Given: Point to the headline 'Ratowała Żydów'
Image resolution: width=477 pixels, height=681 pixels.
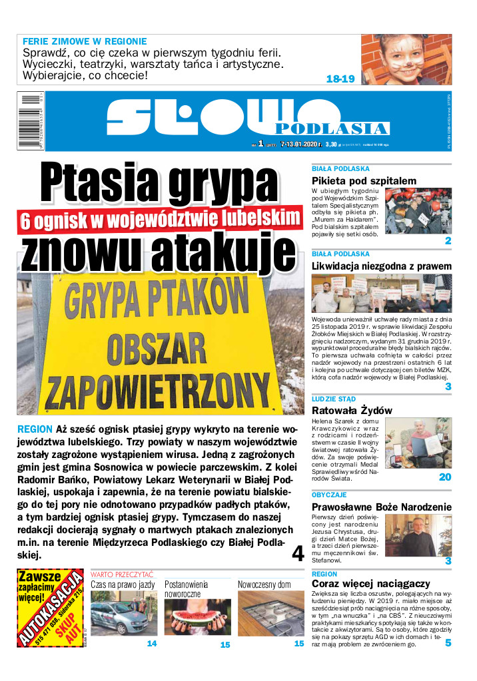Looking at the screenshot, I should click(x=352, y=410).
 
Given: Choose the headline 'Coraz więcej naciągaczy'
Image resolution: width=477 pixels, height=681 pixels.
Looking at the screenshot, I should click(x=362, y=584).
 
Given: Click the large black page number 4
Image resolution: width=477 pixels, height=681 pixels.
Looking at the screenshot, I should click(x=297, y=553).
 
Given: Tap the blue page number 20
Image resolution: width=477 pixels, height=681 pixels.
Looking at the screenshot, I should click(x=445, y=477).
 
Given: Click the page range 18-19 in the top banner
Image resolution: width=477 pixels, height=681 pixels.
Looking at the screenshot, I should click(x=340, y=79).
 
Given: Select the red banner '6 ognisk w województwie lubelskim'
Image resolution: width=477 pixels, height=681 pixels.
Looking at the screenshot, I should click(x=159, y=220).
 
